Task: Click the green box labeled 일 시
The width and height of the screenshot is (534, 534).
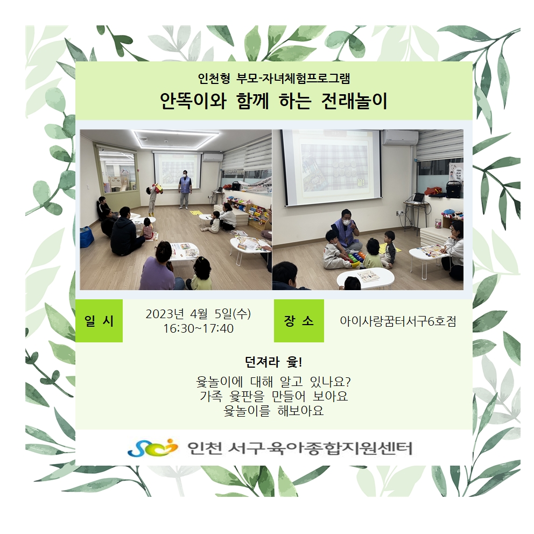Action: tap(99, 320)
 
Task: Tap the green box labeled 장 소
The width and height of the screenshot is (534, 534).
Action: tap(299, 320)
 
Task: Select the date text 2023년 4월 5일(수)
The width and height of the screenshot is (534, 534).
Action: tap(198, 314)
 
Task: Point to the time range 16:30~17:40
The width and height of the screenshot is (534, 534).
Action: tap(198, 329)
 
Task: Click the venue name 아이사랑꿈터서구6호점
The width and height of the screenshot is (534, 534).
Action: tap(398, 321)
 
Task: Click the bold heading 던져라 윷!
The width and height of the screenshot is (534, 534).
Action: tap(273, 362)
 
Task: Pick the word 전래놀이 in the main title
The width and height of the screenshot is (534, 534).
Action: tap(354, 101)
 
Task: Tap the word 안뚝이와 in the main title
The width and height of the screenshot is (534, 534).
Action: tap(193, 101)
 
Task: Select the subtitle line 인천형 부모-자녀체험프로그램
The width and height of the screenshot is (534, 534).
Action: tap(274, 79)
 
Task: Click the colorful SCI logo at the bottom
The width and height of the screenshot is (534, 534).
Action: tap(153, 447)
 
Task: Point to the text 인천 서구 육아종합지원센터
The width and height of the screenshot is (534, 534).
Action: tap(300, 448)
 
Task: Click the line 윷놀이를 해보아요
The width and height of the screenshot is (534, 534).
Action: tap(273, 411)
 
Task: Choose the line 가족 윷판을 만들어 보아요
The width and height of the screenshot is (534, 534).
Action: tap(274, 396)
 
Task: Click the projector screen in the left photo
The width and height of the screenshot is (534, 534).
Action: tap(176, 169)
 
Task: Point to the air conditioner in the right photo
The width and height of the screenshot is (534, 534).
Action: tap(400, 137)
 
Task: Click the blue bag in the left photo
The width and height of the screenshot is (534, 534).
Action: tap(87, 237)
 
